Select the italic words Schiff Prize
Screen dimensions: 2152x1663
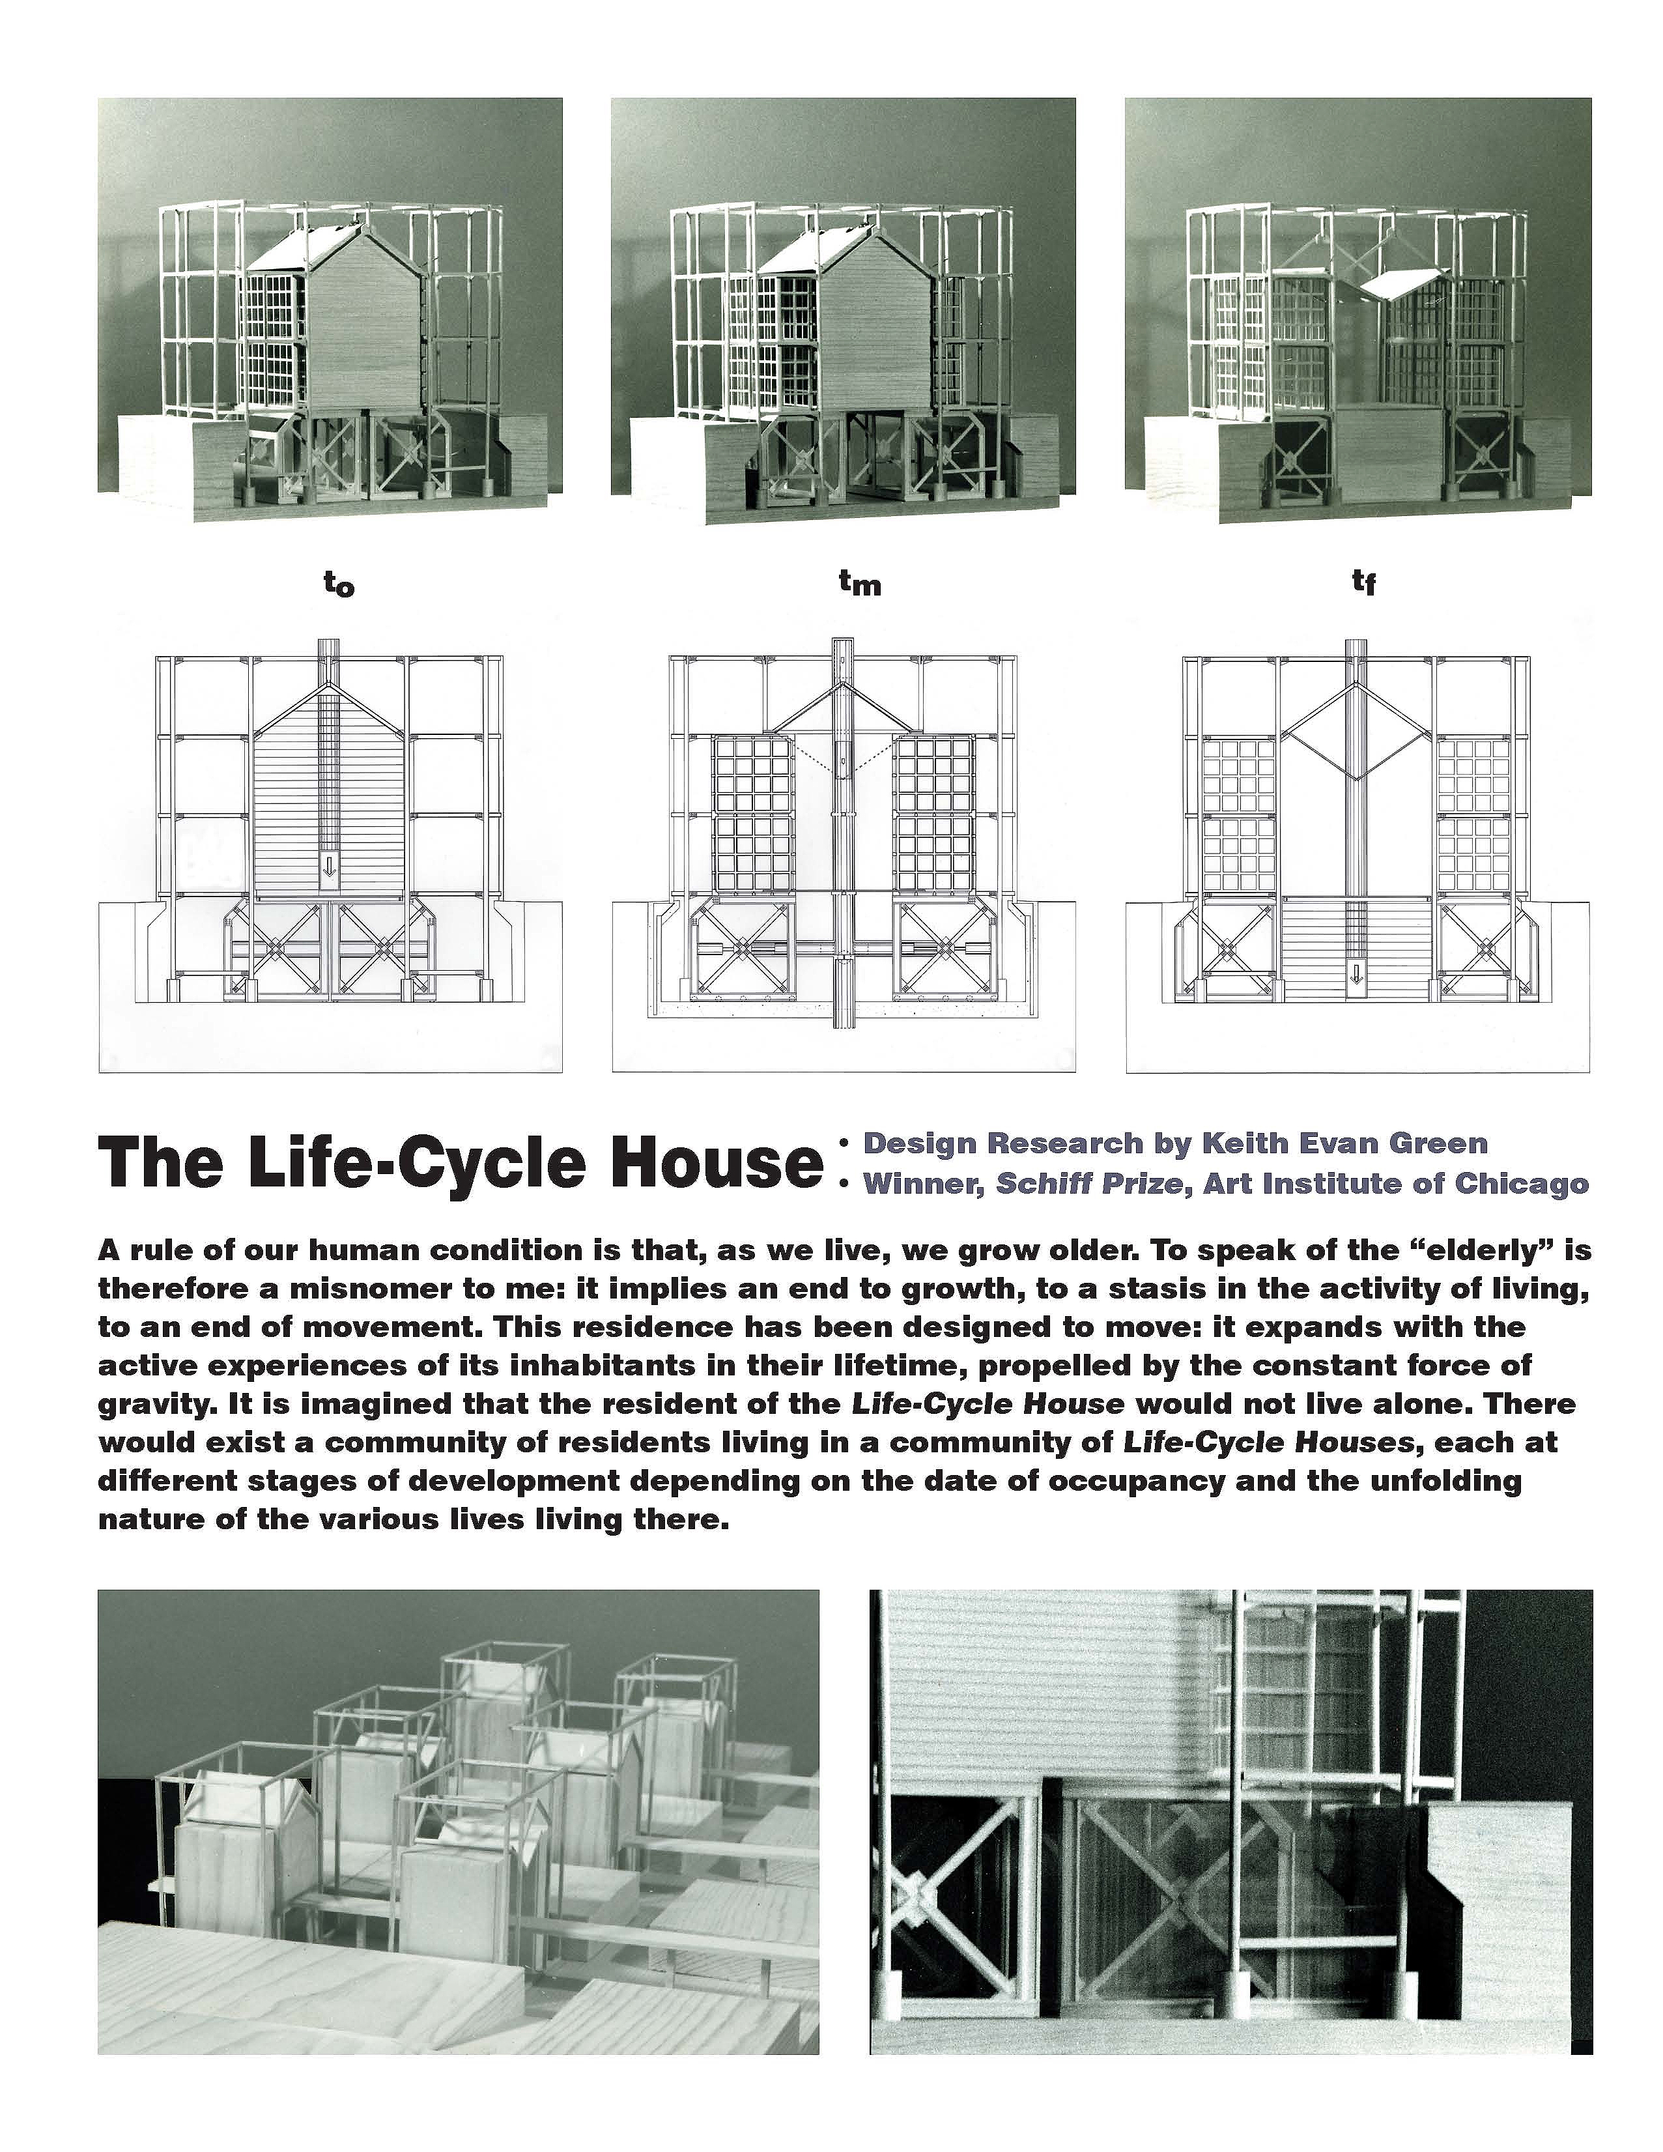1088,1183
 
